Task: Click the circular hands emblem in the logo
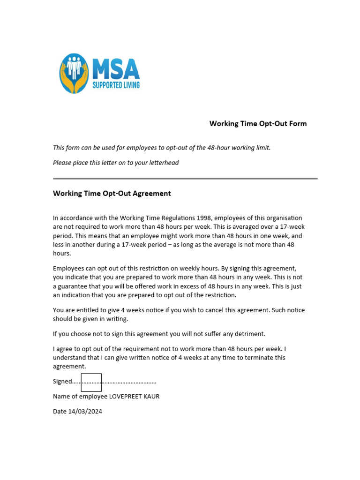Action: click(74, 73)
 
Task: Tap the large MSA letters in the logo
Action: click(116, 69)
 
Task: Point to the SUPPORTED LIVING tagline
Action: click(116, 85)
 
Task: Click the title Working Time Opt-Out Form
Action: click(258, 124)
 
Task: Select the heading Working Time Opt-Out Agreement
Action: click(112, 193)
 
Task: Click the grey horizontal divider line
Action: click(185, 179)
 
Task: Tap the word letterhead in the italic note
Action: click(163, 163)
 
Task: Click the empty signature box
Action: click(91, 382)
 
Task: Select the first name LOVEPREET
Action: click(127, 397)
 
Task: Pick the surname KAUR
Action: click(153, 397)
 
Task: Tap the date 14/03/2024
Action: click(85, 412)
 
